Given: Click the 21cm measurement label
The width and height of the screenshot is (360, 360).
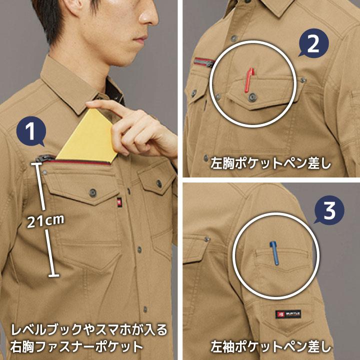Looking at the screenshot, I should (45, 219).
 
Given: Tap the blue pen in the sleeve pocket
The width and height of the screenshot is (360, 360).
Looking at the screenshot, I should (274, 253).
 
